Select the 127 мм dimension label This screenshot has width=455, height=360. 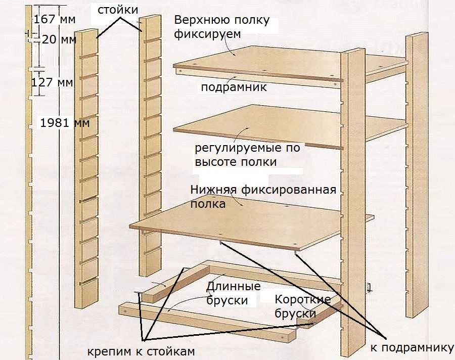(52, 82)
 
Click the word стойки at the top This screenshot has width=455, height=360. (117, 10)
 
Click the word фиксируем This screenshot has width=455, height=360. (207, 34)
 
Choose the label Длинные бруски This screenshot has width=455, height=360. (234, 293)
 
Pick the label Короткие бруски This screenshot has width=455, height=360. (302, 306)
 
